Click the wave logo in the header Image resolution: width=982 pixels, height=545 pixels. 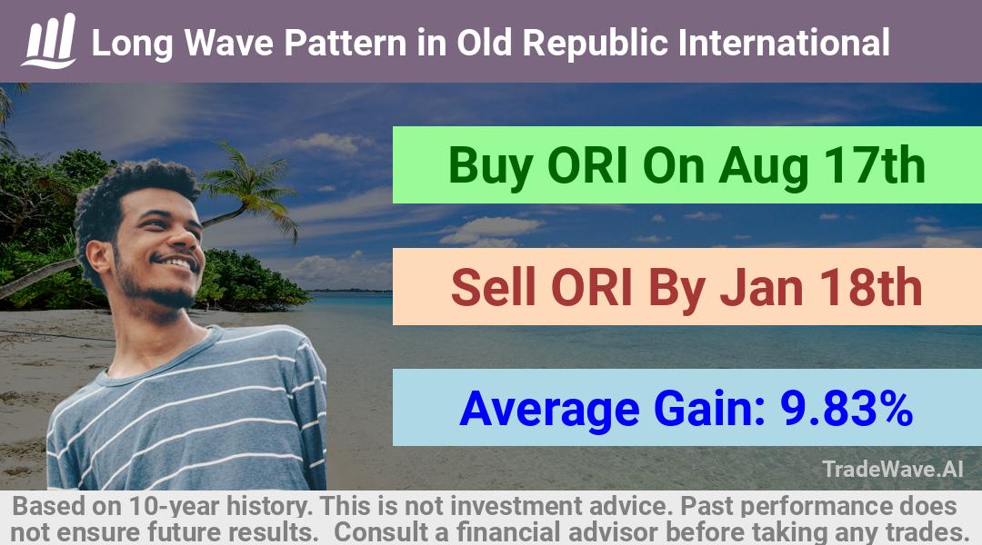click(49, 41)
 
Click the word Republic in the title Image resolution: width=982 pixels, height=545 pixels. click(596, 44)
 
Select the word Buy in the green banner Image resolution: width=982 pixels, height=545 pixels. click(491, 166)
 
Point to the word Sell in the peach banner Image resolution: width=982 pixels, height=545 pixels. click(494, 287)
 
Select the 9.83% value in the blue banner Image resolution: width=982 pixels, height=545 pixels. click(847, 408)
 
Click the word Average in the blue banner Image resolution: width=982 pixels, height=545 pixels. click(549, 410)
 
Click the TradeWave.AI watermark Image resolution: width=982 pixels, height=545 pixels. click(893, 469)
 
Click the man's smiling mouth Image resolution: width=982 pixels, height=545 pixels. click(178, 262)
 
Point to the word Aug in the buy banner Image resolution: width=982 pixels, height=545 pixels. click(762, 168)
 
